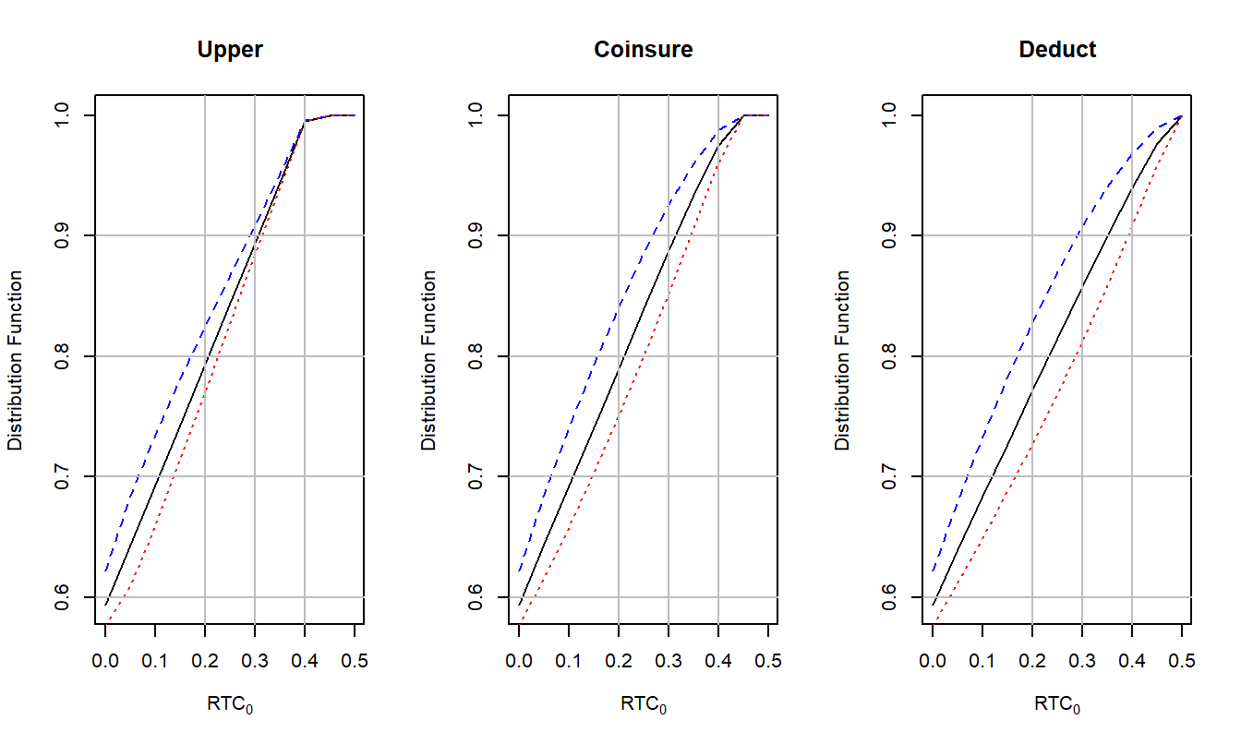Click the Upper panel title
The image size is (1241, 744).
pos(230,50)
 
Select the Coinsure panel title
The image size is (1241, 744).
pos(644,50)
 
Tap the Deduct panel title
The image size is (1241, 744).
pos(1057,50)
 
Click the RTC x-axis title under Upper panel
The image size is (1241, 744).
pos(230,705)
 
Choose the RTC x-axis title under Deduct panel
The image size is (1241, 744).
pos(1057,705)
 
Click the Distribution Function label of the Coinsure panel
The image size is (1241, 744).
pos(429,361)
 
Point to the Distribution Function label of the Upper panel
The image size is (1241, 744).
pos(16,361)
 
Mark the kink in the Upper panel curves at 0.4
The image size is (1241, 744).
pos(305,121)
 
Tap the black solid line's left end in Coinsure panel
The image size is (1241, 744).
pos(520,605)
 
